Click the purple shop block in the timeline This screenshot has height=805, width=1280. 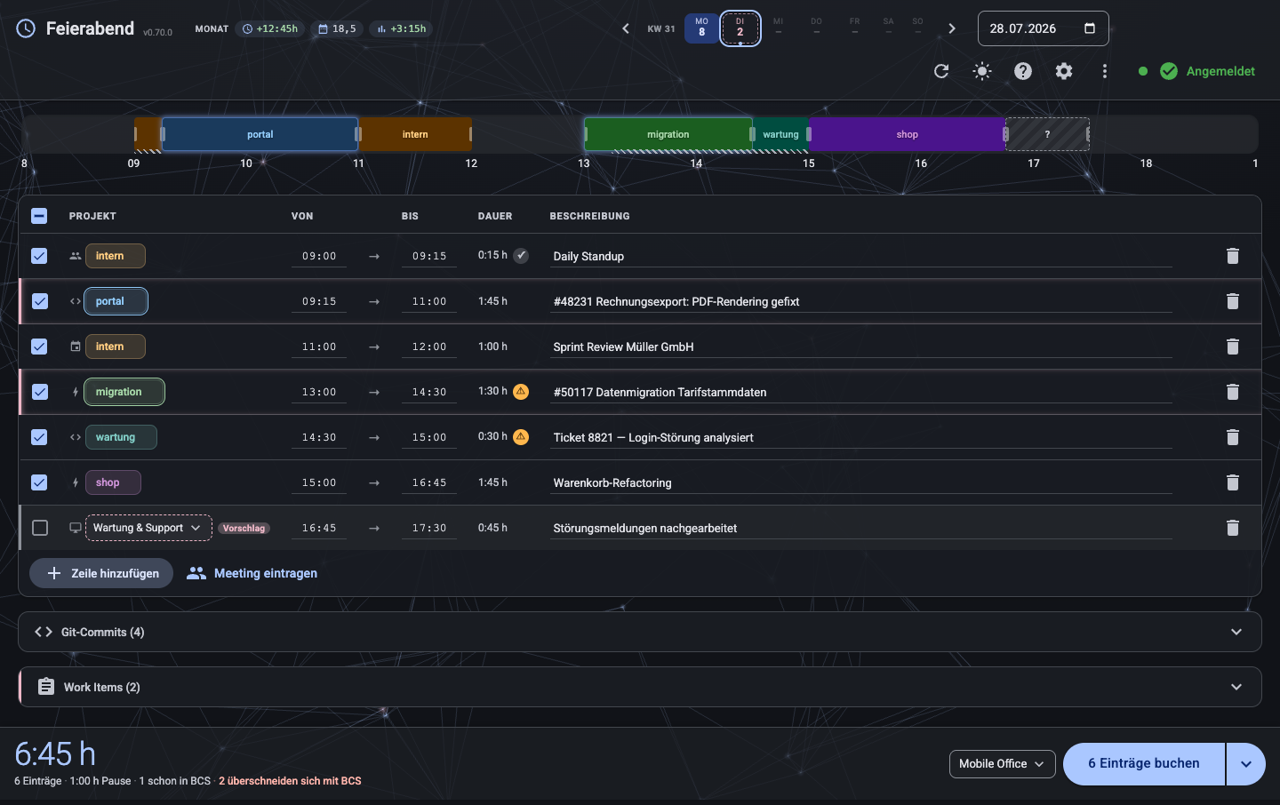point(907,134)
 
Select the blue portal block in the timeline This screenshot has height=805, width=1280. point(260,134)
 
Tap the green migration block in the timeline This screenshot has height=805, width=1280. point(668,134)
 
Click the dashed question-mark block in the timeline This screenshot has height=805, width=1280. point(1047,134)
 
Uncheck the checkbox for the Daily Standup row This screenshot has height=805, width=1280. point(39,255)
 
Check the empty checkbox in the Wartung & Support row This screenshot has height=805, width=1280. point(40,527)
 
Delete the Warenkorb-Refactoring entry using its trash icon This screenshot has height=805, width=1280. point(1233,482)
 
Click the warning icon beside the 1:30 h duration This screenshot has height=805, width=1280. point(521,391)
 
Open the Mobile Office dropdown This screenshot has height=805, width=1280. point(1002,764)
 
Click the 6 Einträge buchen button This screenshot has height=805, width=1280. point(1143,763)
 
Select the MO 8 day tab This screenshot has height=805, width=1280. point(701,28)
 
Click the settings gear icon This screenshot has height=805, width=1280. point(1063,71)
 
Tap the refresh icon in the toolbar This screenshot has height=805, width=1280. point(941,71)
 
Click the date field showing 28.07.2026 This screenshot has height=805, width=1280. point(1043,28)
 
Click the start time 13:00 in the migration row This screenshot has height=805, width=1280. point(319,392)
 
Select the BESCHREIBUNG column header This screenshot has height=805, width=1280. point(589,216)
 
